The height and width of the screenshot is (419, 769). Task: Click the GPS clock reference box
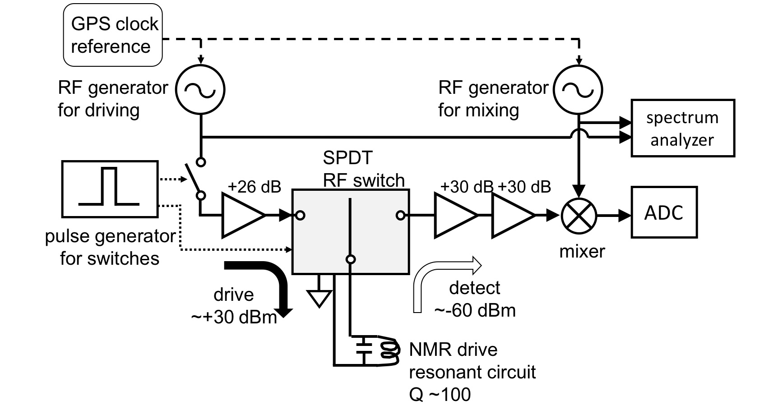[112, 35]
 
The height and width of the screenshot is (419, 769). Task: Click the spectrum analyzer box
[682, 128]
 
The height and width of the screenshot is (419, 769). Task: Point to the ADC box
[663, 212]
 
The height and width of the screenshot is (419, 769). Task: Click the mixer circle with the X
[579, 216]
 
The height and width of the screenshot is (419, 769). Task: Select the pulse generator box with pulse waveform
[110, 188]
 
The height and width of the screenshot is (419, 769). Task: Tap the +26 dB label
[255, 186]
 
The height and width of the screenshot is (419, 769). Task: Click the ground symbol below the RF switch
[319, 298]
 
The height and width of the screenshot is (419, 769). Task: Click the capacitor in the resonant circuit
[364, 347]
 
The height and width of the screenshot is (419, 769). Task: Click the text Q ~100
[440, 395]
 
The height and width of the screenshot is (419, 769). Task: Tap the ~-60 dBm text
[475, 310]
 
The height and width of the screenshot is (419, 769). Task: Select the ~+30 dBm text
[234, 317]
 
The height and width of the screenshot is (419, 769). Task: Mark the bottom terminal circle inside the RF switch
[351, 259]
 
